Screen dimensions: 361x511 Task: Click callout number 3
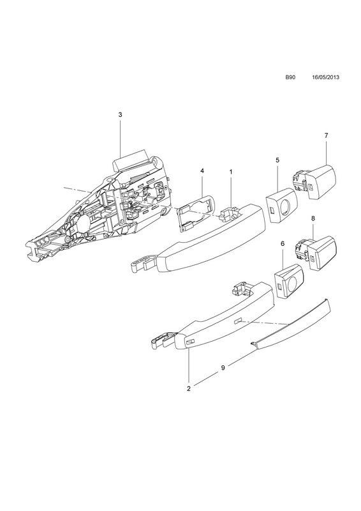click(120, 114)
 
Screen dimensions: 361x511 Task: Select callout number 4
click(202, 171)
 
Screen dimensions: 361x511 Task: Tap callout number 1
click(231, 171)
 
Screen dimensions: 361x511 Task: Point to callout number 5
click(277, 160)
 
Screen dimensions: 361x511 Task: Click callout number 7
click(326, 135)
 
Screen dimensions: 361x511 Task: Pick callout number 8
click(313, 218)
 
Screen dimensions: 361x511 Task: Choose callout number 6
click(282, 243)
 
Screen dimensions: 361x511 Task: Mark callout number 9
click(223, 368)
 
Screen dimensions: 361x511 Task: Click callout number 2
click(189, 388)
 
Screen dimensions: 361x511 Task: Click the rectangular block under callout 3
click(129, 160)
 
